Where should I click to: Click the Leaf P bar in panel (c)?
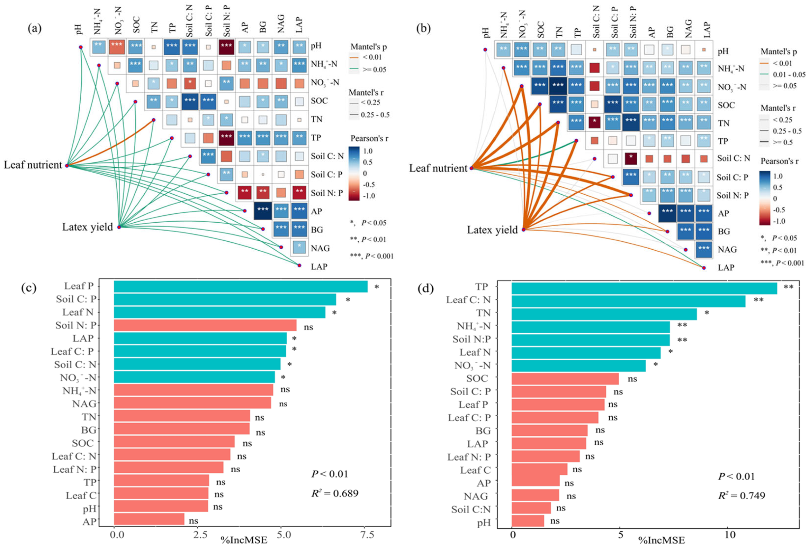pos(241,287)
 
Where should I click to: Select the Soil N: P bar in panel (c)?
pos(205,325)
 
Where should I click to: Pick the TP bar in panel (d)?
pos(644,288)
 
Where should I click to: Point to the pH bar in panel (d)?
pos(528,521)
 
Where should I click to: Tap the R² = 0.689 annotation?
pos(334,493)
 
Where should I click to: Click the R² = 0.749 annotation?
pos(741,495)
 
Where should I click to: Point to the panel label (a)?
pos(35,28)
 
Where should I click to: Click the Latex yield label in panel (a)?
pos(87,227)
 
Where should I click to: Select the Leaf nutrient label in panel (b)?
pos(438,168)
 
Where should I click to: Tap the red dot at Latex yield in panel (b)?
pos(523,230)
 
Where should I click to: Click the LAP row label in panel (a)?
pos(318,267)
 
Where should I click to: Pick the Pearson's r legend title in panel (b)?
pos(780,161)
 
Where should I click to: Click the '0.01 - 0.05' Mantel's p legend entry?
pos(789,74)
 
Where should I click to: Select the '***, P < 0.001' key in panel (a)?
pos(371,256)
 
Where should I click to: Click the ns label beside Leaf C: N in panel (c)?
pos(242,456)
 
